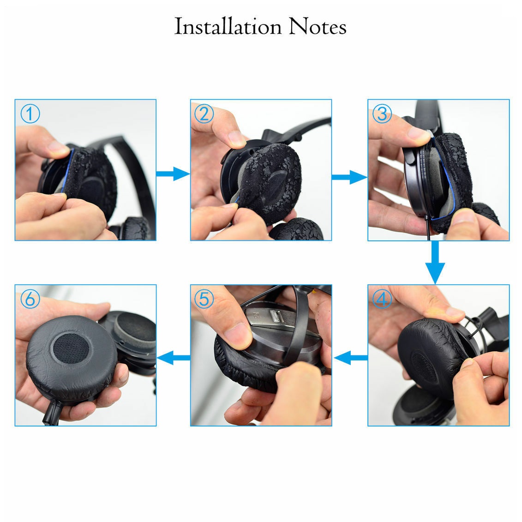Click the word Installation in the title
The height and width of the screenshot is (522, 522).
click(x=228, y=27)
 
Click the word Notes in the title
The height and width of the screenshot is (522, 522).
click(x=318, y=27)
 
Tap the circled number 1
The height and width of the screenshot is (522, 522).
click(x=30, y=114)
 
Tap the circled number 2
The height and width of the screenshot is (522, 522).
click(x=204, y=114)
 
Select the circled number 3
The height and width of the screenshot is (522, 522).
click(x=382, y=114)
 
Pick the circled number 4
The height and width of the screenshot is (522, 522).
click(x=382, y=299)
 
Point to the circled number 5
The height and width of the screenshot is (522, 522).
click(x=204, y=299)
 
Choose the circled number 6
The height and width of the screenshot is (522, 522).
click(x=30, y=299)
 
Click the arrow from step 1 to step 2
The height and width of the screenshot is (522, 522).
click(x=173, y=174)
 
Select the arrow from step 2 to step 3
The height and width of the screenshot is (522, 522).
click(x=349, y=177)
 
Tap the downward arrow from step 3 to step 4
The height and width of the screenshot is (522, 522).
click(x=435, y=262)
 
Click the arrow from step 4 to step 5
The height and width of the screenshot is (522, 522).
click(x=351, y=358)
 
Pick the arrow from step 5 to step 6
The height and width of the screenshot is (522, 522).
click(x=174, y=358)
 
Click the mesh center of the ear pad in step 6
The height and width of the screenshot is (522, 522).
click(x=71, y=348)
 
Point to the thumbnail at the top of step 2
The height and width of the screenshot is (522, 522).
click(x=237, y=138)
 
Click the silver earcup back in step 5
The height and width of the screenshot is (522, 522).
click(x=283, y=333)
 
